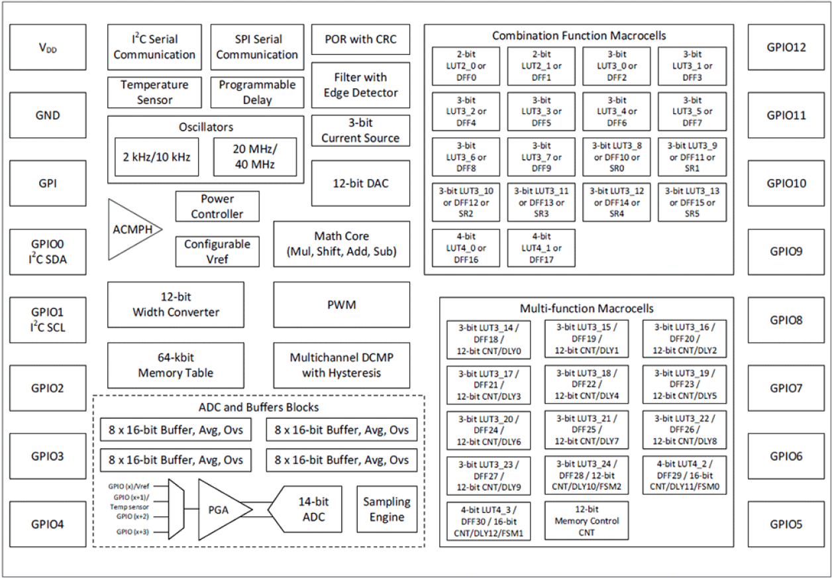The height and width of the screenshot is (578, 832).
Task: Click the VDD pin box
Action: tap(48, 47)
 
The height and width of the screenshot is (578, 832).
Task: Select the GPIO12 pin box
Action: tap(786, 47)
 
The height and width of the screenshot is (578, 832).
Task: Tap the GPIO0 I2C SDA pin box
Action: tap(48, 251)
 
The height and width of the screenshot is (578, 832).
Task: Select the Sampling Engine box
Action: tap(387, 509)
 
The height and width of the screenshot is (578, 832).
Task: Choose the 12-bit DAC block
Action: tap(360, 183)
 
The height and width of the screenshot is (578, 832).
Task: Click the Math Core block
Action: tap(342, 243)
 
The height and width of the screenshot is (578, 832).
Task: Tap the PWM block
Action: tap(342, 305)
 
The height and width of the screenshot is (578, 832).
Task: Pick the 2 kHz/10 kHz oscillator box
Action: tap(156, 157)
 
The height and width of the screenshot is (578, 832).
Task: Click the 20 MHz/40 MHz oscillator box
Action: tap(254, 157)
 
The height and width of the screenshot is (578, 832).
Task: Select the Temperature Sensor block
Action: tap(154, 92)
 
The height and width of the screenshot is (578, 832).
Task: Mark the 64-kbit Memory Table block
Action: tap(176, 365)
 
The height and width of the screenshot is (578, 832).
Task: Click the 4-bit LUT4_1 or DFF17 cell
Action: tap(541, 247)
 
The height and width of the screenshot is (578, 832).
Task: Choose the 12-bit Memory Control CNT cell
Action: tap(586, 521)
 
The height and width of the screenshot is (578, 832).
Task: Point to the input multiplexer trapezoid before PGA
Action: tap(176, 509)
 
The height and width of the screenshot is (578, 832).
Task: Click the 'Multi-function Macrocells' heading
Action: tap(586, 309)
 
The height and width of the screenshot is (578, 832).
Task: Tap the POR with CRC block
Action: tap(360, 40)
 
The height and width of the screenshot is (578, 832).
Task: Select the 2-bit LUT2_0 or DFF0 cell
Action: tap(466, 66)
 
